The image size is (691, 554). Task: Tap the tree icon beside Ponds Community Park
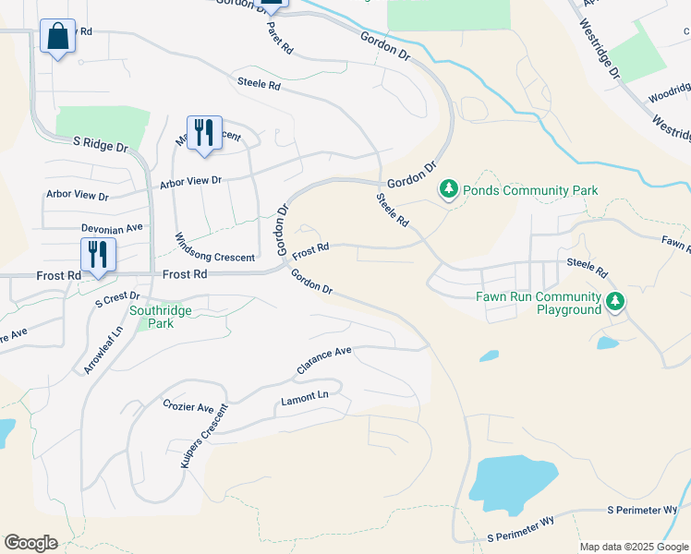pos(449,189)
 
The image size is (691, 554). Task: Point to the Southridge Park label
pos(161,318)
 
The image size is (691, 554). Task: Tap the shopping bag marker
pos(57,38)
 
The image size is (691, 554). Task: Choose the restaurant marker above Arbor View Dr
pos(204,132)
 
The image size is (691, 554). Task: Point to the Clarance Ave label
pos(324,359)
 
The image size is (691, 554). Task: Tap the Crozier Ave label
pos(188,407)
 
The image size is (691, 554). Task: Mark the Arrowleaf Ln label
pos(103,350)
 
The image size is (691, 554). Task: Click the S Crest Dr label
pos(116,298)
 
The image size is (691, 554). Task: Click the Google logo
pos(30,543)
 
